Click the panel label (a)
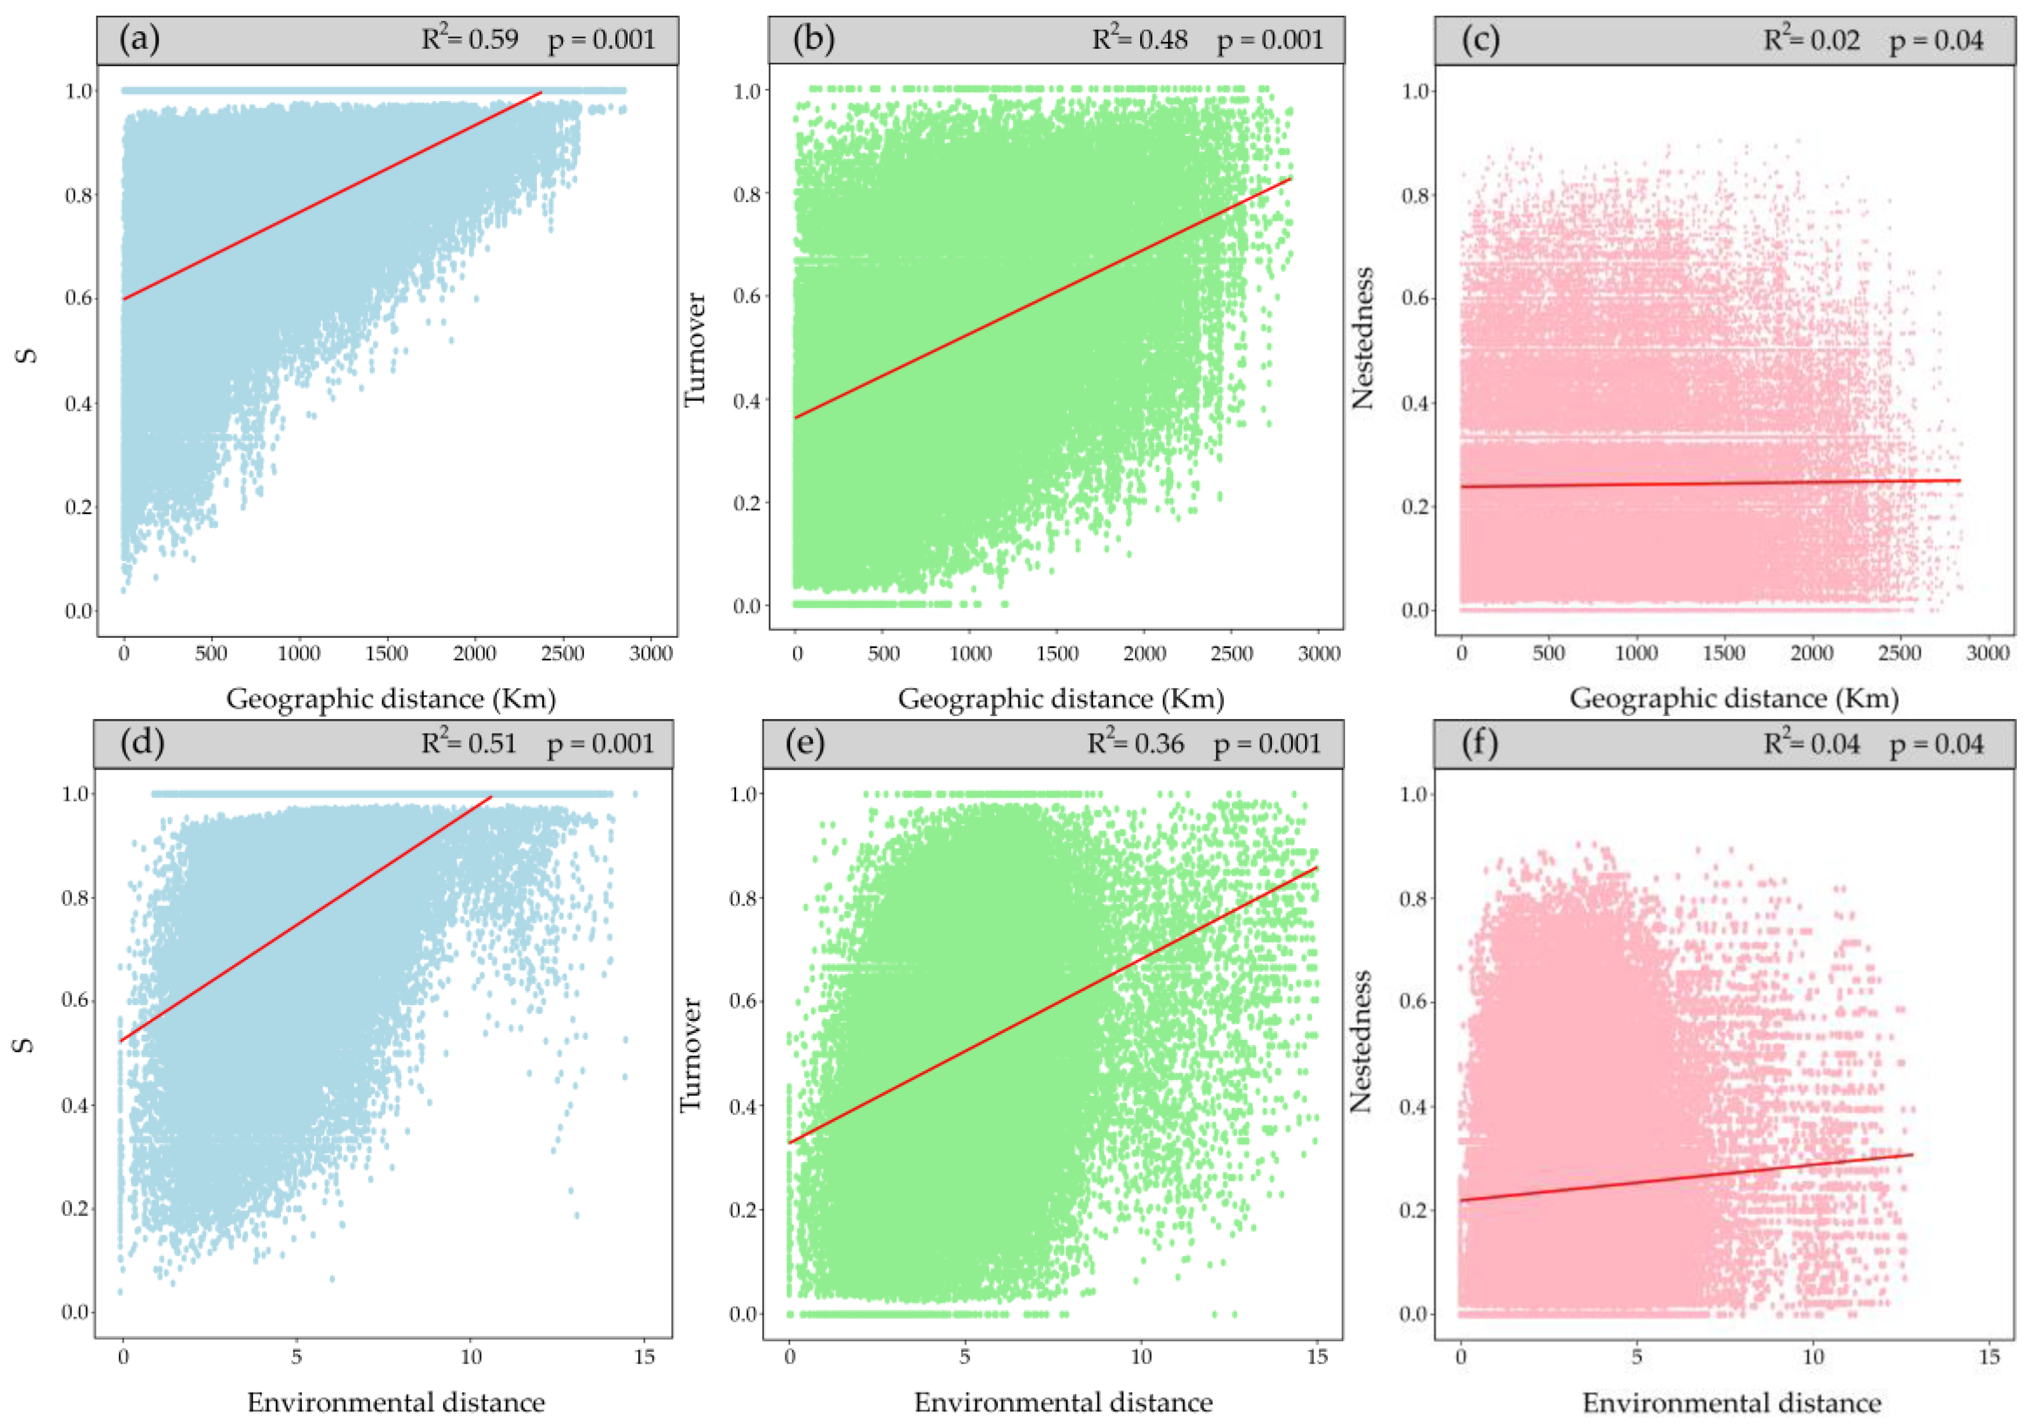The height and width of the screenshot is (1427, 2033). (139, 40)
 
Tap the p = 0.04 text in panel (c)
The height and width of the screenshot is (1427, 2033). (1937, 41)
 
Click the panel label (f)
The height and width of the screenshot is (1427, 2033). (1479, 743)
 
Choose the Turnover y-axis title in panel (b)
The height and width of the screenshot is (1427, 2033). (695, 350)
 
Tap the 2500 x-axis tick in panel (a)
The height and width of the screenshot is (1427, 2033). (563, 653)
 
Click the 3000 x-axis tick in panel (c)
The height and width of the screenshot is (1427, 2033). (1988, 653)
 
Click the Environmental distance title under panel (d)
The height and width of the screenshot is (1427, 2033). (396, 1402)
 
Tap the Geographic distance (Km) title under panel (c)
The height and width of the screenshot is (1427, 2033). (1733, 699)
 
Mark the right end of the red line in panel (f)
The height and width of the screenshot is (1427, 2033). (1913, 1154)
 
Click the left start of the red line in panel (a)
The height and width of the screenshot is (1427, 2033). (124, 299)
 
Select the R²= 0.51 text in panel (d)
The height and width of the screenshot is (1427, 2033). (468, 743)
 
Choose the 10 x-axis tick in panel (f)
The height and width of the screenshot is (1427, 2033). (1814, 1357)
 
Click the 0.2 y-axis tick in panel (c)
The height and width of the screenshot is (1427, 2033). (1415, 507)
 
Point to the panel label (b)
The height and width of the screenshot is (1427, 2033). (813, 40)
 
